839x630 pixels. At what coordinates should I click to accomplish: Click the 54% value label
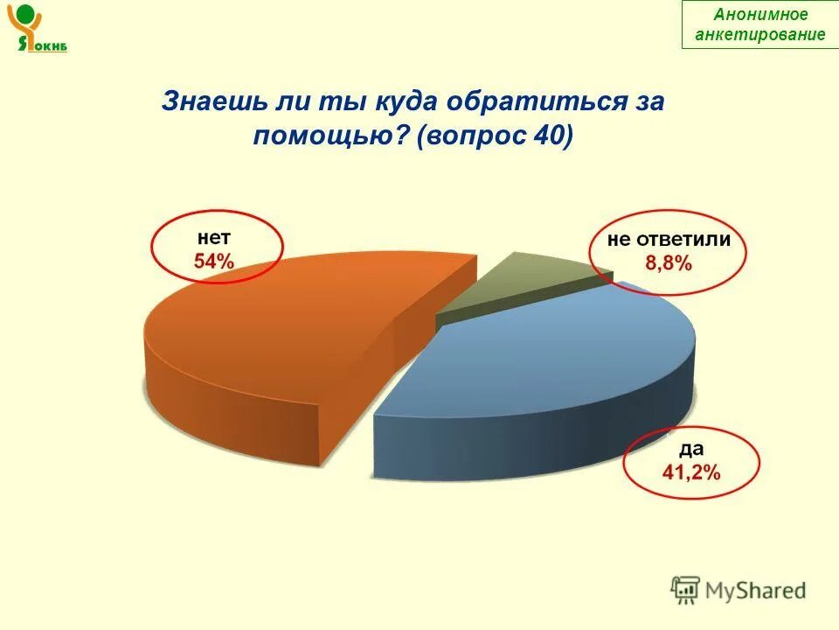pyautogui.click(x=214, y=261)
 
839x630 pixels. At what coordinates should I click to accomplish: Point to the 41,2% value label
pyautogui.click(x=690, y=473)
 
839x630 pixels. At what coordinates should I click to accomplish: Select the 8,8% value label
pyautogui.click(x=669, y=262)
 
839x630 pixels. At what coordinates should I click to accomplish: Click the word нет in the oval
pyautogui.click(x=214, y=236)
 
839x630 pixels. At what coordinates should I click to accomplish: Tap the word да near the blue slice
pyautogui.click(x=691, y=450)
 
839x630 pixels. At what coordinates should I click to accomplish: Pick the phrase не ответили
pyautogui.click(x=669, y=239)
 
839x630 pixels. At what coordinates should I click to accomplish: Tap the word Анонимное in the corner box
pyautogui.click(x=760, y=15)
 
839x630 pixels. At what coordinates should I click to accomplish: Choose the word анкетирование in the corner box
pyautogui.click(x=760, y=34)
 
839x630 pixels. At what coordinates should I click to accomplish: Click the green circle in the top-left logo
pyautogui.click(x=26, y=15)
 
